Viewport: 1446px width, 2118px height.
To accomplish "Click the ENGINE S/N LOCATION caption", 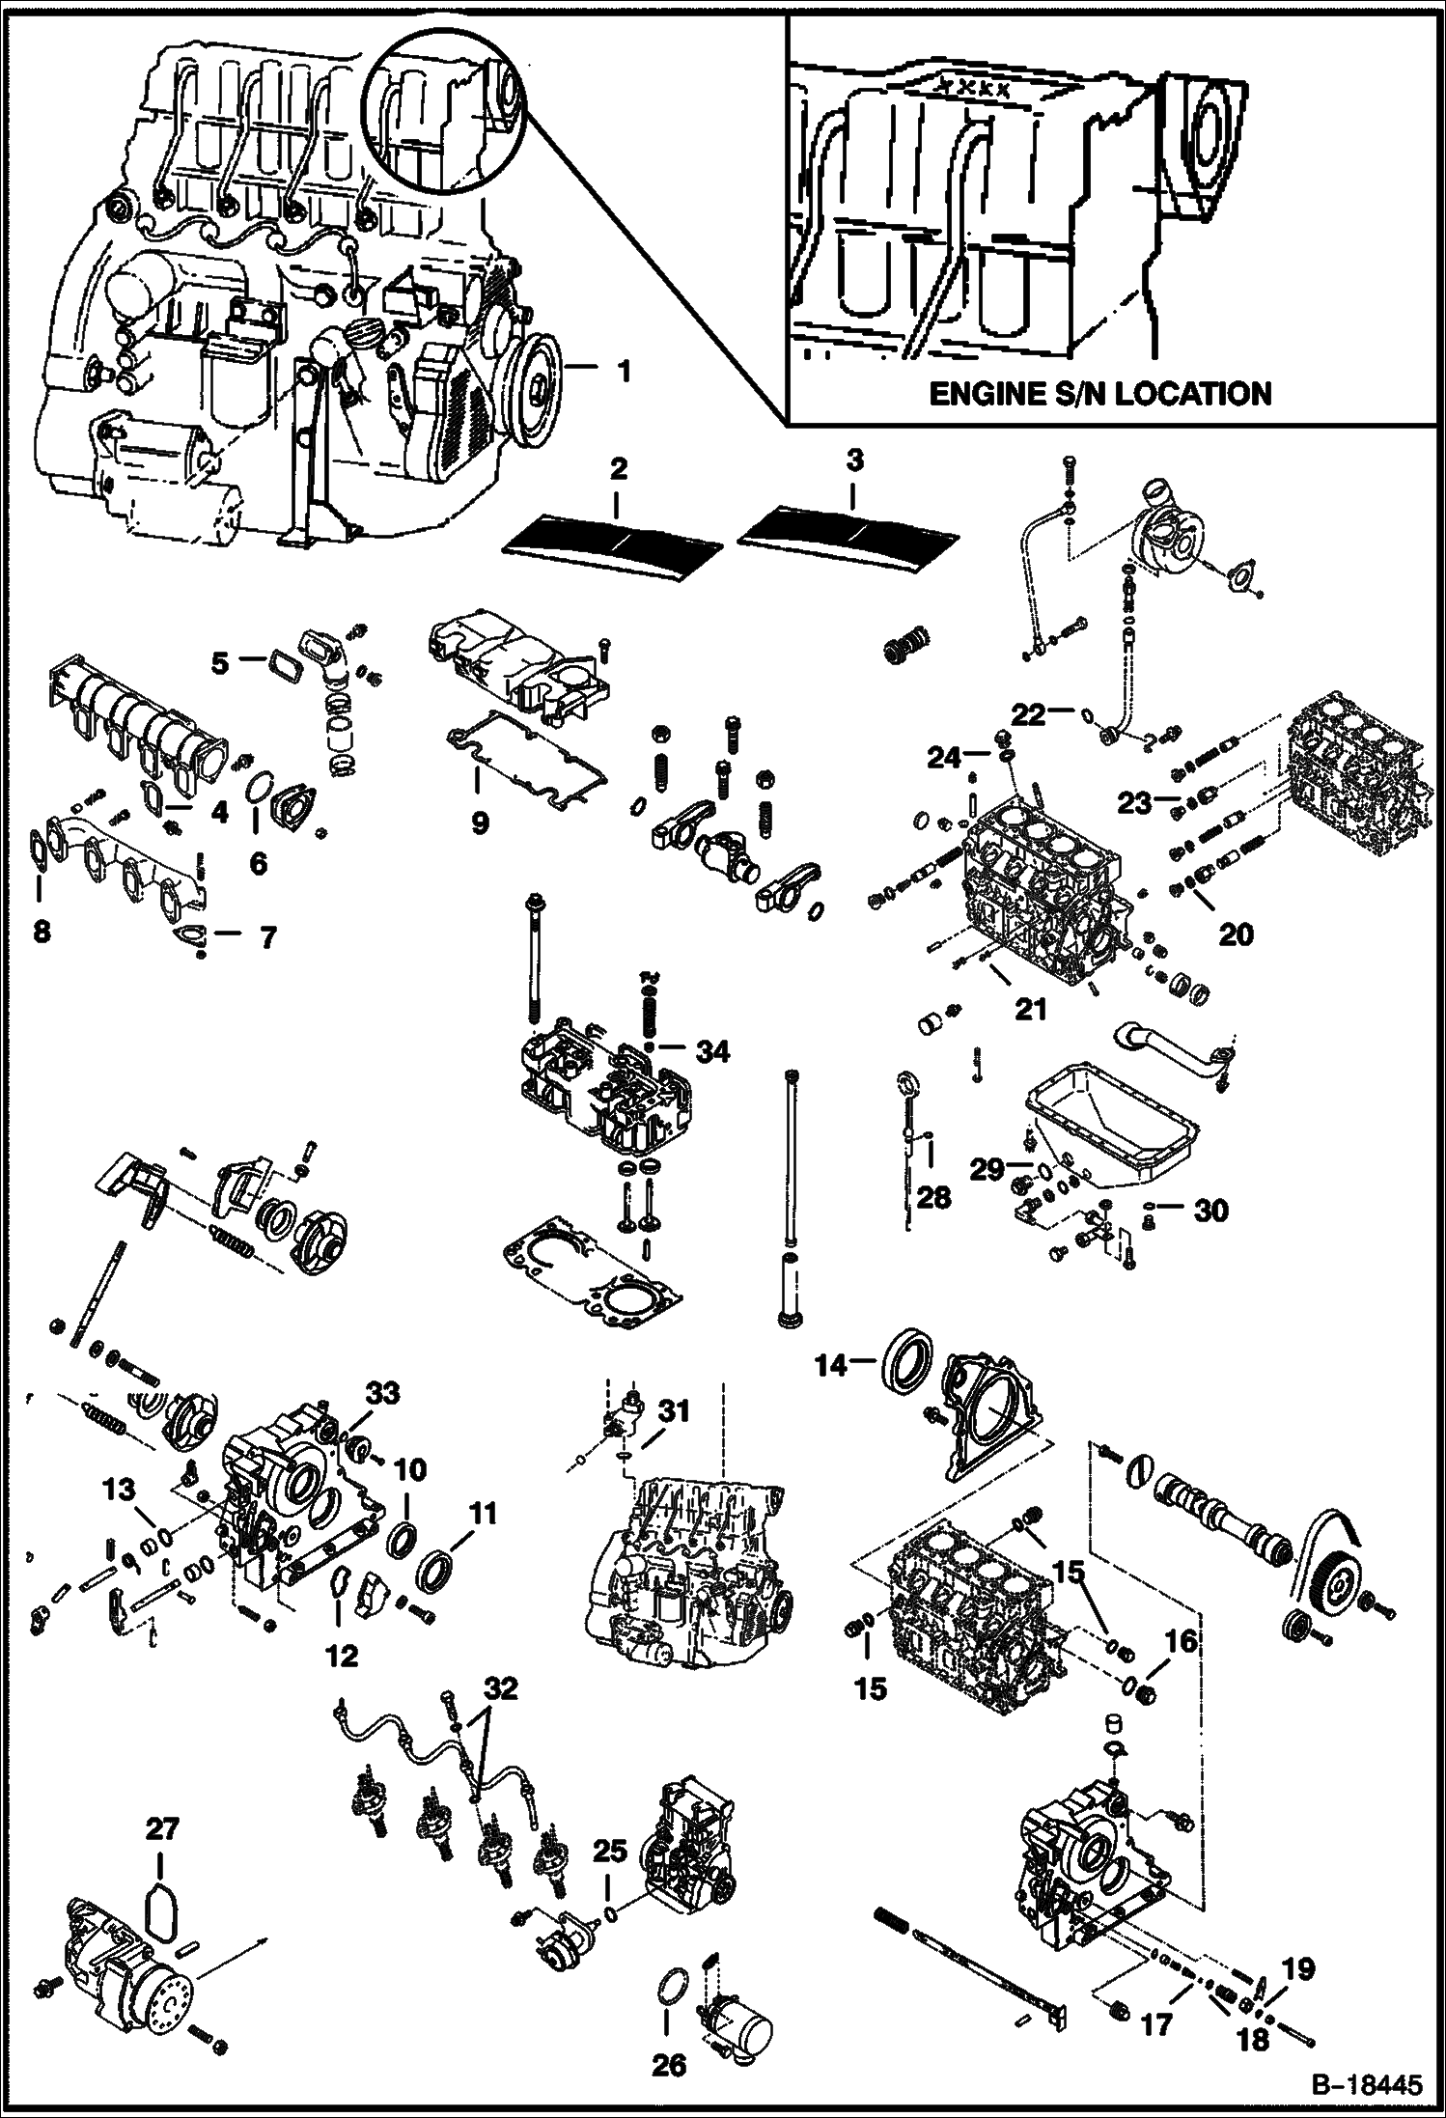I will click(x=1099, y=394).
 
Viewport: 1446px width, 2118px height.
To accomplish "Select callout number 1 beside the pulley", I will click(x=625, y=370).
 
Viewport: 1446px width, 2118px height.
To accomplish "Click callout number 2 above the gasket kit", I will click(x=619, y=469).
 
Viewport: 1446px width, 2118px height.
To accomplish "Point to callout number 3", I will click(x=853, y=461).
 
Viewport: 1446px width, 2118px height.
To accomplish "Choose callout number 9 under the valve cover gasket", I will click(x=480, y=822).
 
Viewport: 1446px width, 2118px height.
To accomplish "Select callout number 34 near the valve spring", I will click(x=713, y=1052).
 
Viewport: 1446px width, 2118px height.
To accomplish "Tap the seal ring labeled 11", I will click(x=438, y=1569).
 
